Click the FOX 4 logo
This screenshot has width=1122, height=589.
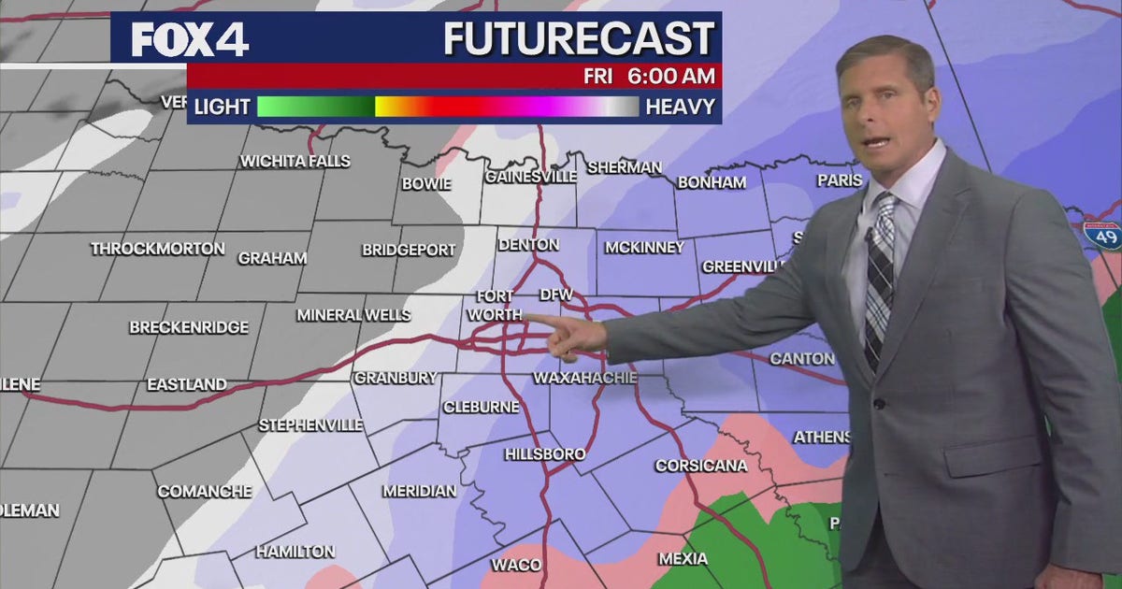190,39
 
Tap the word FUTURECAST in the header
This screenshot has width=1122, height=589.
579,39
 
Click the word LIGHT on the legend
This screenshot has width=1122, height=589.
222,107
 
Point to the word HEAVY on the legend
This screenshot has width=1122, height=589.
680,107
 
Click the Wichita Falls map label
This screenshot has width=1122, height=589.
295,161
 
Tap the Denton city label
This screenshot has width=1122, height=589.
528,245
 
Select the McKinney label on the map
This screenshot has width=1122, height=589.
644,248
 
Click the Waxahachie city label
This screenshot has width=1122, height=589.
584,378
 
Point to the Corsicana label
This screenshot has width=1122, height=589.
700,466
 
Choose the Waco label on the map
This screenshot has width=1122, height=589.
516,565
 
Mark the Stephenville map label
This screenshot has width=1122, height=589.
310,425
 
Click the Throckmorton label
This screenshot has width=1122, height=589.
157,249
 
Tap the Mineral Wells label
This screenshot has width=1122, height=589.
353,315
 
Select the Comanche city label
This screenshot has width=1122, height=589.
204,491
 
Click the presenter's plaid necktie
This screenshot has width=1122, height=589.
879,280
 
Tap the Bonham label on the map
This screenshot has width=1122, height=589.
712,182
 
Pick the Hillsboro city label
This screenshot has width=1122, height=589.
545,454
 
